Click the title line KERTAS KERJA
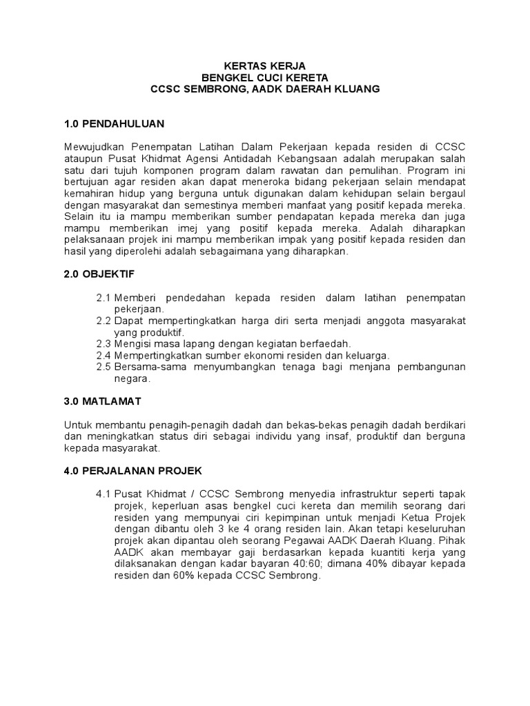(266, 65)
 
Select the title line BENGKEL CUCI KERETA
(266, 77)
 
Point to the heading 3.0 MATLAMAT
(104, 401)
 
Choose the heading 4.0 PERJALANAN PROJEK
(132, 470)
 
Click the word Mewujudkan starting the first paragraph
(92, 146)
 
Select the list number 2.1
(104, 297)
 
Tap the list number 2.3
(104, 343)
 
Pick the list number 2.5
(104, 367)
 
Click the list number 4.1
(104, 494)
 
